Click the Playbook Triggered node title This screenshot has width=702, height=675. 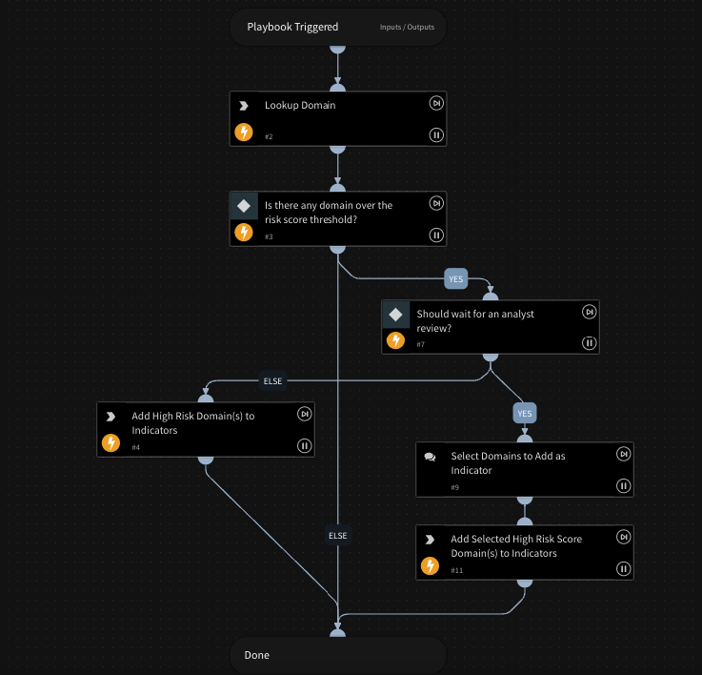(291, 27)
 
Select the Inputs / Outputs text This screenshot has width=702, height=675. (407, 27)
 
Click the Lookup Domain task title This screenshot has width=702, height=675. (299, 105)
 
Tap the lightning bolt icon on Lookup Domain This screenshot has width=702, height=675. (244, 133)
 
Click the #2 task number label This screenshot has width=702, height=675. (269, 137)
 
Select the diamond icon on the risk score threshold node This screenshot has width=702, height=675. (244, 206)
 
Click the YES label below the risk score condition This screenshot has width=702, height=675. (456, 279)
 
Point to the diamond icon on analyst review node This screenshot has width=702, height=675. (396, 314)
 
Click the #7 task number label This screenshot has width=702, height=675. (421, 344)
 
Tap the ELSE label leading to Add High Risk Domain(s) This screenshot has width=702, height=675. (273, 381)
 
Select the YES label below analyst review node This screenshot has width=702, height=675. (524, 414)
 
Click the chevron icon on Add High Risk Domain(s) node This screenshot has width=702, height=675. (110, 417)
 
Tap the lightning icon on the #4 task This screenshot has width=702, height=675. (110, 442)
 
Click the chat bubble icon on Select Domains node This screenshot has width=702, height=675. (430, 457)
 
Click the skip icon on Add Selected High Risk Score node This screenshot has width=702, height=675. (623, 537)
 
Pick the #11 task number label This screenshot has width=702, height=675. (456, 570)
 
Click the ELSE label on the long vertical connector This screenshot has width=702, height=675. (338, 536)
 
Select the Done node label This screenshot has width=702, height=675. (256, 656)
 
